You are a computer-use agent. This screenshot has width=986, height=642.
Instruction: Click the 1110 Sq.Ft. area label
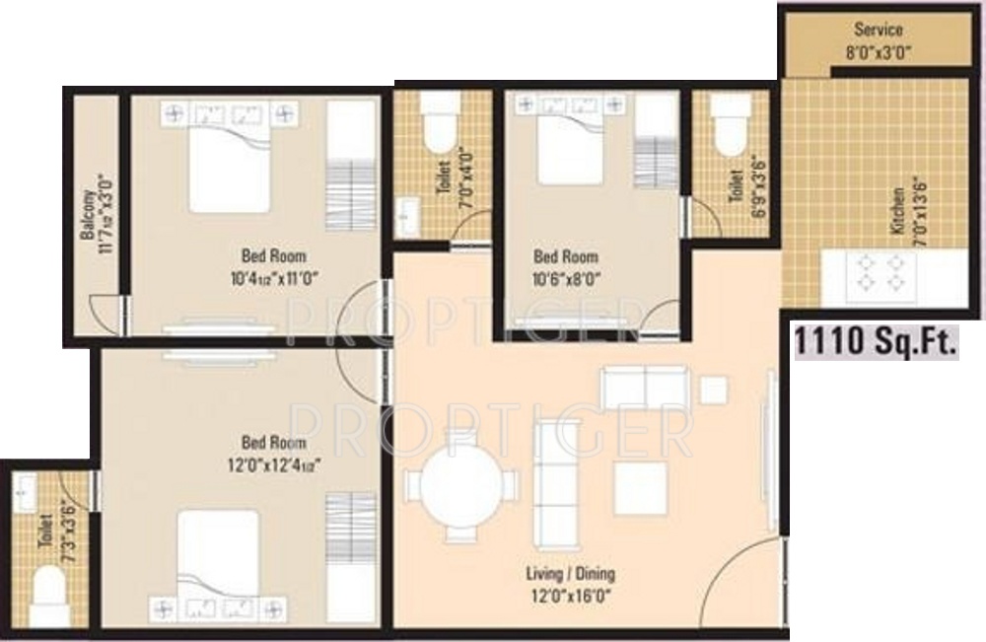click(x=877, y=342)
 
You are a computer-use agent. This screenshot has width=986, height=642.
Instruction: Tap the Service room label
click(x=878, y=30)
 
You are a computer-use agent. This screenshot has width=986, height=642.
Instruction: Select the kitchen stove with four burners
click(x=879, y=273)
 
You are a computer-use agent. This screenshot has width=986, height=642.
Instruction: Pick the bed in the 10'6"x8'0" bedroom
click(x=570, y=148)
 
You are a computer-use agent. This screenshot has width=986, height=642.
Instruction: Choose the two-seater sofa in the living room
click(x=644, y=387)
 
